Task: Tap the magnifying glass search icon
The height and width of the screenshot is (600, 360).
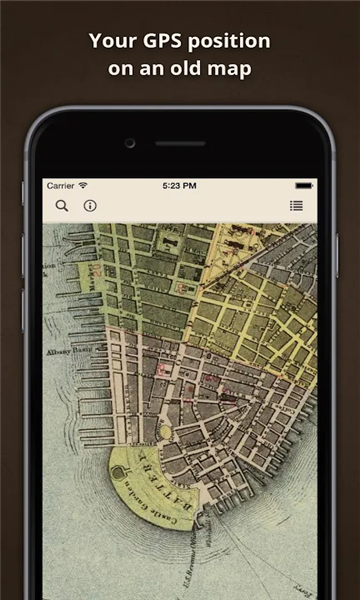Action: click(62, 206)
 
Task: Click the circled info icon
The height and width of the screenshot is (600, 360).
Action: click(90, 206)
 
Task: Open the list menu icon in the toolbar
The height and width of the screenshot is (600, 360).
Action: click(296, 206)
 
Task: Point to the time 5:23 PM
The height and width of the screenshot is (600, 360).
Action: click(180, 185)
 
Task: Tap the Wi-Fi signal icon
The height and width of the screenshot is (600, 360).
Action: click(83, 185)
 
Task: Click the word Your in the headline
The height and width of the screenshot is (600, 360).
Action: click(110, 41)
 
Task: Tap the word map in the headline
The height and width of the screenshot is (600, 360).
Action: click(232, 70)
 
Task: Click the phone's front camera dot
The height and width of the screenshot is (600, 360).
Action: click(130, 143)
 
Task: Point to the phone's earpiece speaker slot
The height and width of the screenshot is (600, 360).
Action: click(180, 143)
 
